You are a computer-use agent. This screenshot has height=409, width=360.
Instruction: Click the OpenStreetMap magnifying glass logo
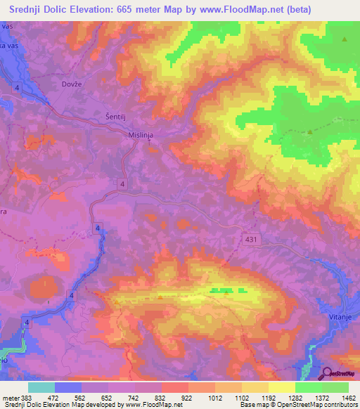click(x=328, y=375)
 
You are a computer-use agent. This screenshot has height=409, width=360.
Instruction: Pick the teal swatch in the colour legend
click(x=41, y=387)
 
